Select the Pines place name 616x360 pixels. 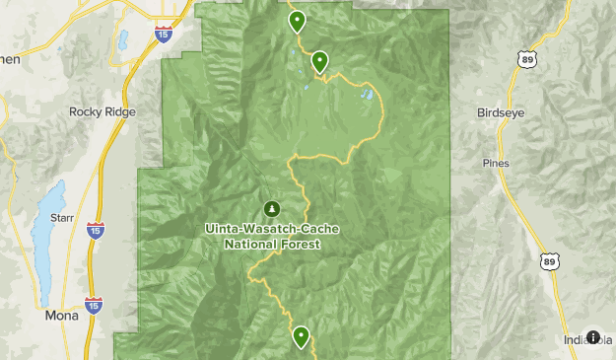496,162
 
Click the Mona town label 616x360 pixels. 62,317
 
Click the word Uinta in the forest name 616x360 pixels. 224,229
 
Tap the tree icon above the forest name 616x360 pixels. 272,208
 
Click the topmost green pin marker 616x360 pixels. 297,21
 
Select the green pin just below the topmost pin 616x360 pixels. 319,61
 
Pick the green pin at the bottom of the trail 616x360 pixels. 301,336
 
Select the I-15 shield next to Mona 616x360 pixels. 93,306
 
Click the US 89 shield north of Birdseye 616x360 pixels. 530,60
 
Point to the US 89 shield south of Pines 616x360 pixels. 548,261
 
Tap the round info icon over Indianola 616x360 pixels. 593,337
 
